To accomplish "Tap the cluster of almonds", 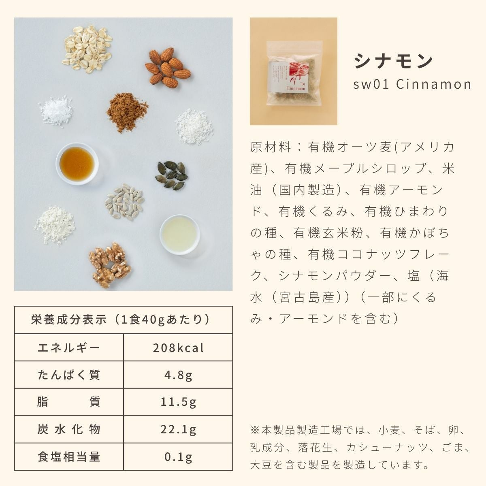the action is point(167,68).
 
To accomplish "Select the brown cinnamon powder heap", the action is point(127,112).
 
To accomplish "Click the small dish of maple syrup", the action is point(77,164).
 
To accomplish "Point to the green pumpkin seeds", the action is point(171,175).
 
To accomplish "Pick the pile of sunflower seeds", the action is point(124,202).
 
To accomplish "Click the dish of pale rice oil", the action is point(179,234).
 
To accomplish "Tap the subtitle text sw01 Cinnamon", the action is point(412,84).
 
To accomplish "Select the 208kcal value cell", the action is point(178,348).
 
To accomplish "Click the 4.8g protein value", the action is point(178,375).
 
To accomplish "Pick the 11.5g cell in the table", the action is point(178,403).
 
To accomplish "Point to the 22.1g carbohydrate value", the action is point(178,430).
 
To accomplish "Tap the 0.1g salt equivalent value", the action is point(178,457).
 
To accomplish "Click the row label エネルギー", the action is point(69,348).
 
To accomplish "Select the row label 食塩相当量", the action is point(69,457).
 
